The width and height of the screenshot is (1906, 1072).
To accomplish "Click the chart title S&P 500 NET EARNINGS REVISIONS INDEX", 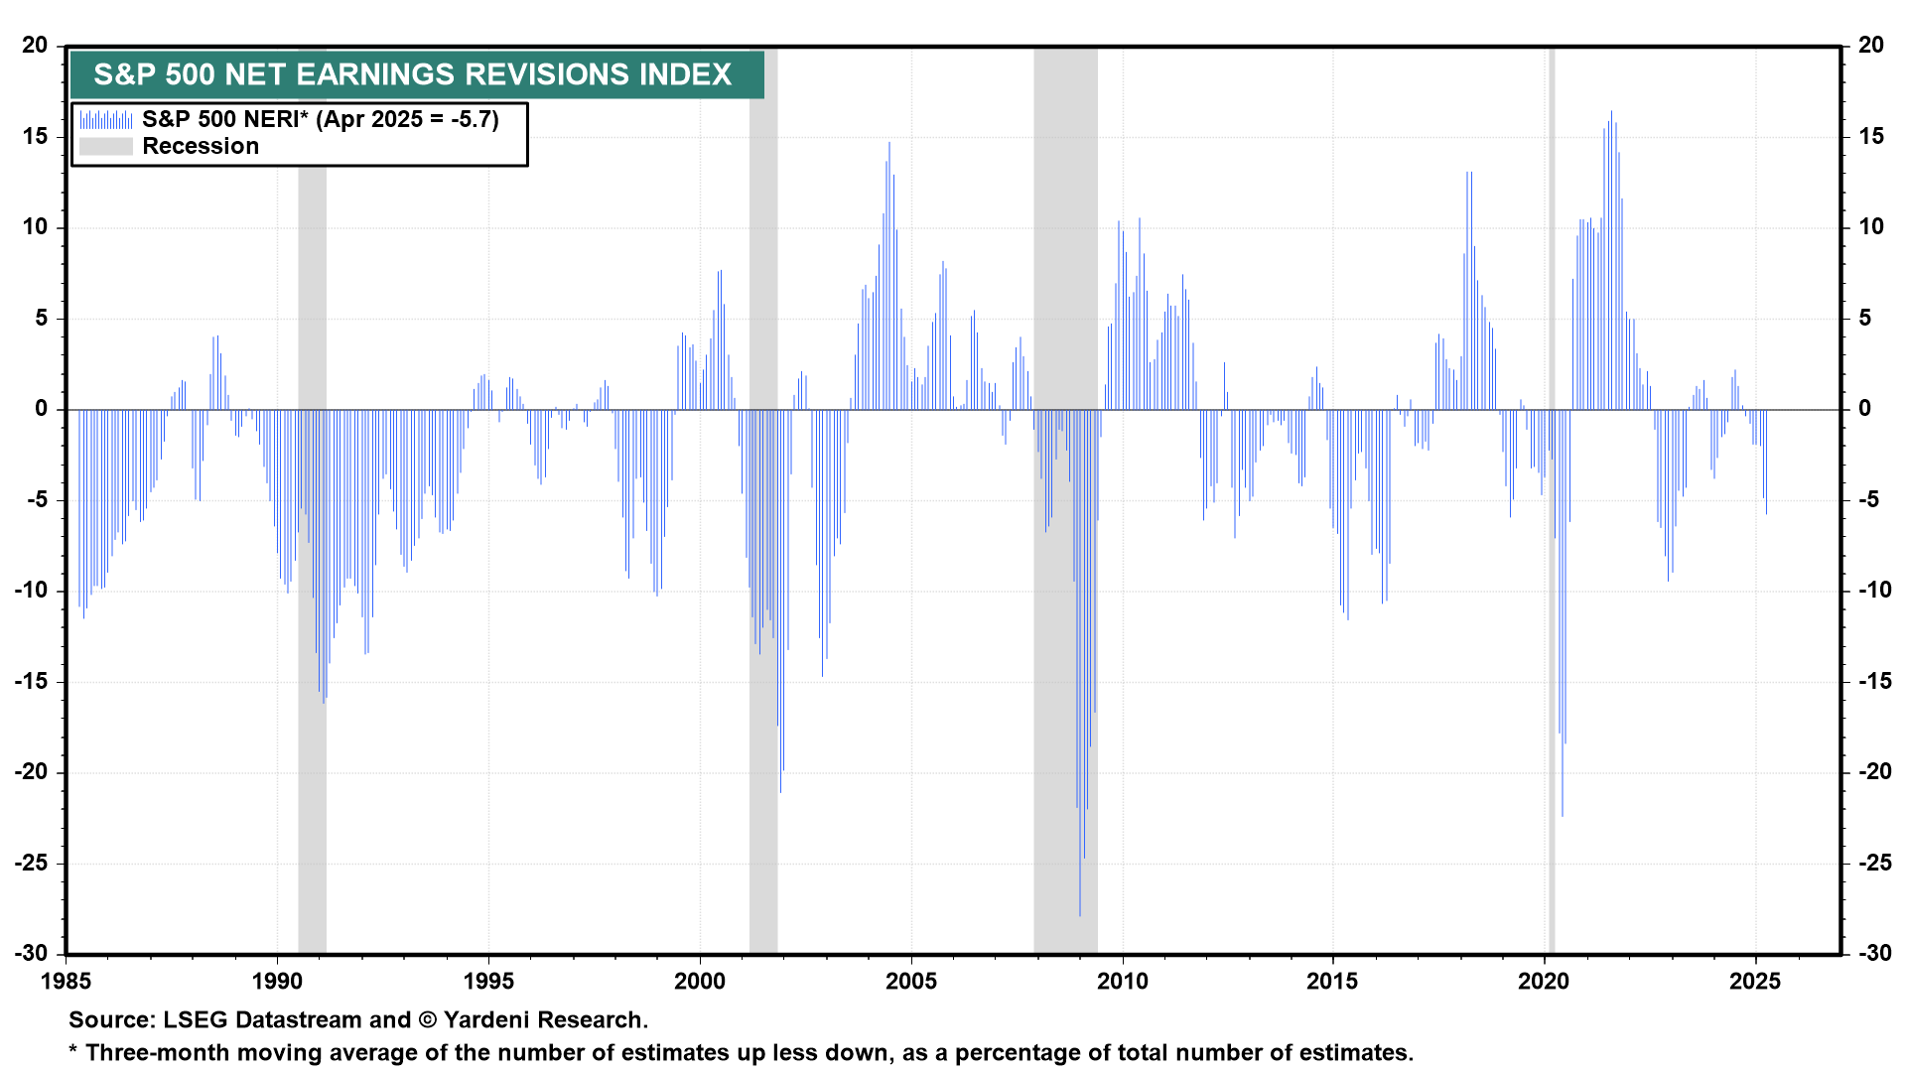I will [x=412, y=74].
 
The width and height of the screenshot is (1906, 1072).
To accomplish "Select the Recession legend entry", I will [x=200, y=146].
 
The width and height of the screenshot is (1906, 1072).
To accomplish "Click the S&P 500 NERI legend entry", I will [x=320, y=119].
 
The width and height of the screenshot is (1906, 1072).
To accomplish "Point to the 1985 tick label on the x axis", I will [x=67, y=982].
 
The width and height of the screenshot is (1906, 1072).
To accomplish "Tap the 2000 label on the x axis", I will [x=700, y=982].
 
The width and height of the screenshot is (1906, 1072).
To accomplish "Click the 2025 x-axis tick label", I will [x=1755, y=982].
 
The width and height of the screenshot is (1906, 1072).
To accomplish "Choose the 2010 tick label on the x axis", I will [x=1122, y=982].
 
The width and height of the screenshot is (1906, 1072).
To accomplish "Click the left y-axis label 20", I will [x=35, y=46].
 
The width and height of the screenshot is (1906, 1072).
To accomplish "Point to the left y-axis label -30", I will [x=31, y=953].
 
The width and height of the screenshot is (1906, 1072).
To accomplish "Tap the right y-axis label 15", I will [x=1871, y=136].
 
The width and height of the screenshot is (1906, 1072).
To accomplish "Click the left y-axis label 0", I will [x=41, y=409].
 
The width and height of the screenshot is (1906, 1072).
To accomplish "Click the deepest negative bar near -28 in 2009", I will [x=1080, y=893].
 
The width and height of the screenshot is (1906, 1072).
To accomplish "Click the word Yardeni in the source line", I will [x=490, y=1020].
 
